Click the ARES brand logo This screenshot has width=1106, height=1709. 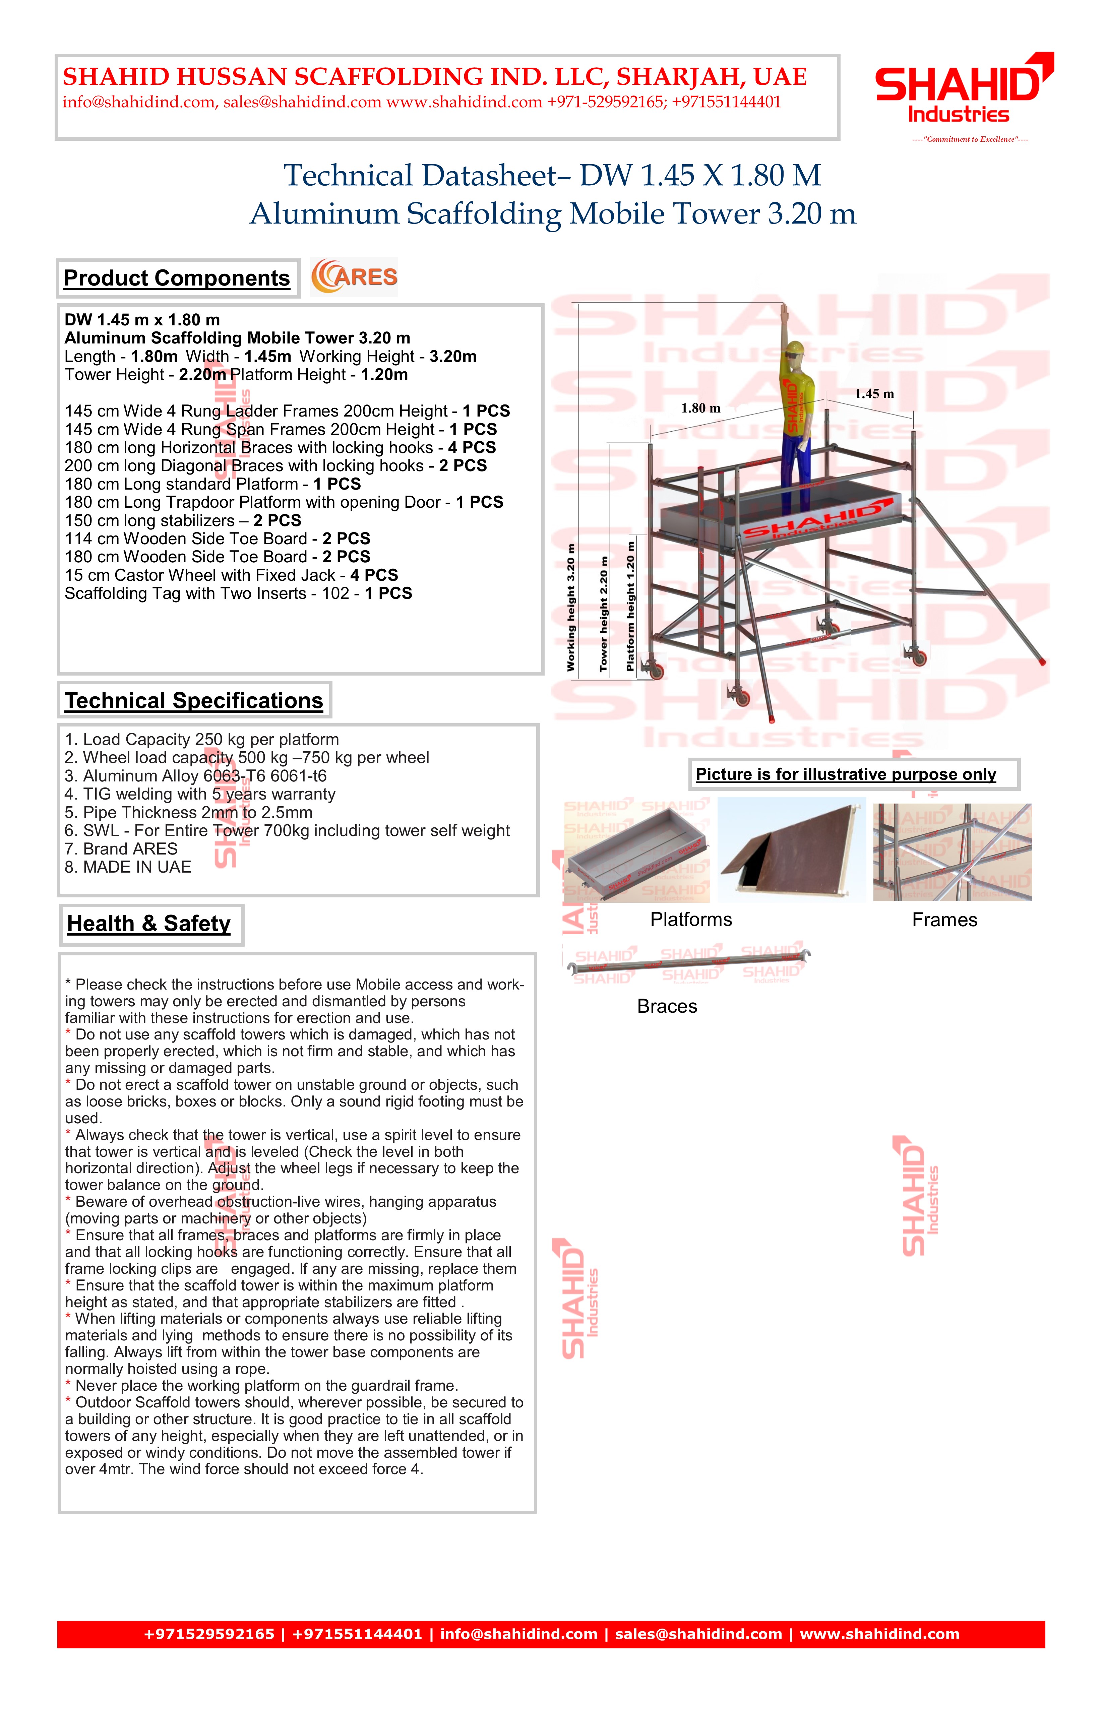[354, 277]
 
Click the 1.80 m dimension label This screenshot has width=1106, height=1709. [700, 408]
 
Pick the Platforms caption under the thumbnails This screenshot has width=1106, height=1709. [691, 920]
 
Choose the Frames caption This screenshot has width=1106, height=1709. [944, 920]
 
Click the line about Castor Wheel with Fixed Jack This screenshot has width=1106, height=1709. [231, 575]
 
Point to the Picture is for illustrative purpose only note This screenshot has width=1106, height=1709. [846, 774]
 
